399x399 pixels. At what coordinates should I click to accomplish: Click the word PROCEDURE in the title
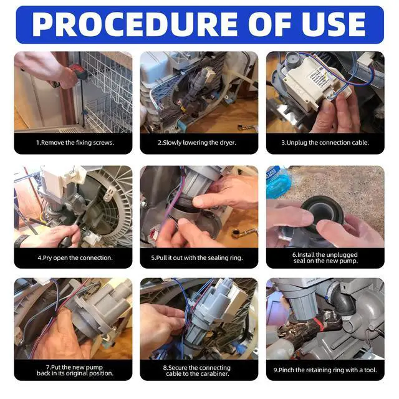135,24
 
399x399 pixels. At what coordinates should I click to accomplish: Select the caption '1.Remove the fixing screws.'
75,143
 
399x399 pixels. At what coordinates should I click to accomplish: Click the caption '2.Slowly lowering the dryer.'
197,143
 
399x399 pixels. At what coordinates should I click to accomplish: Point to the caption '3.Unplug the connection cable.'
325,143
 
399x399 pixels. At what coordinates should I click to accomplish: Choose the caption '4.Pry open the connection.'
75,257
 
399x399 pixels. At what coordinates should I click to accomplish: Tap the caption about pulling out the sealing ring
197,257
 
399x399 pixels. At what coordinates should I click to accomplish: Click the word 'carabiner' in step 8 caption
214,374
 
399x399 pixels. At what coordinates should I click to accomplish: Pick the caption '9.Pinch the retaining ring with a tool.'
325,370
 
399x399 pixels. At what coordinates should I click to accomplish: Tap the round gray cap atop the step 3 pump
292,60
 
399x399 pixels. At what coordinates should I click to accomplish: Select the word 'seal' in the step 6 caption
299,261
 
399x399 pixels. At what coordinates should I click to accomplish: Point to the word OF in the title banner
270,24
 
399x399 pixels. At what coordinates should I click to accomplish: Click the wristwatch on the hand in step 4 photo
20,241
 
